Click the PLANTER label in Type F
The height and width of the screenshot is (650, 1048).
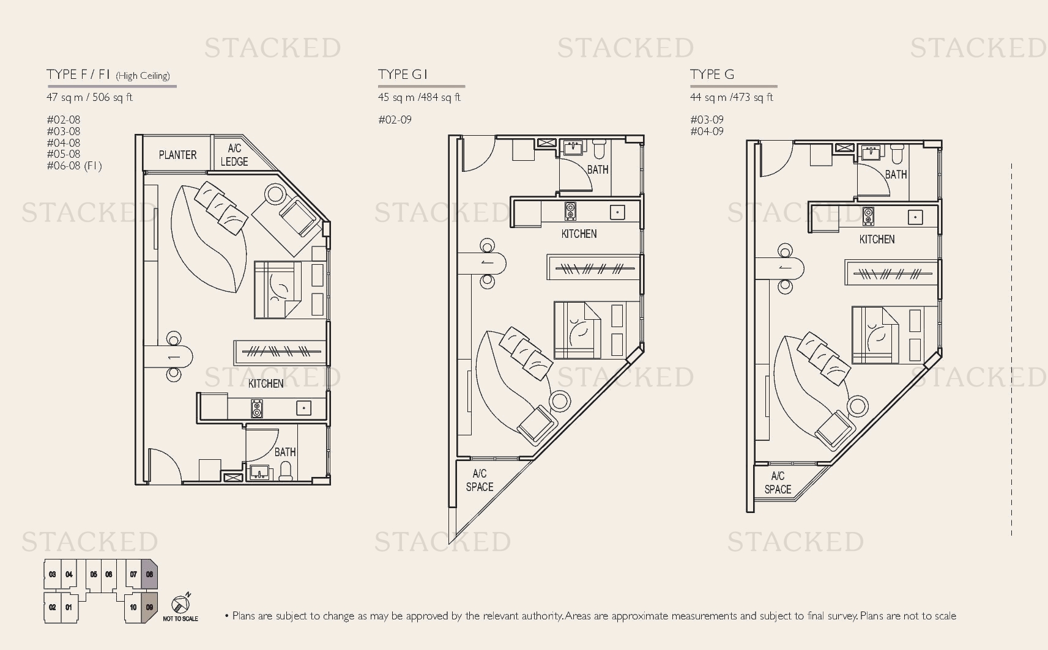177,155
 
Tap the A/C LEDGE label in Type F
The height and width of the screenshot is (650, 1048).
234,155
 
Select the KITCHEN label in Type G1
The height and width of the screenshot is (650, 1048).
579,234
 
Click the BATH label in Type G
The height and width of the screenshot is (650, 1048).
896,175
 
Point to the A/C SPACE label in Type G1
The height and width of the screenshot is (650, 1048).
479,481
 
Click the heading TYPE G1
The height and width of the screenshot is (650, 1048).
403,75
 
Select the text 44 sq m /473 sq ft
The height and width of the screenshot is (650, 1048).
732,97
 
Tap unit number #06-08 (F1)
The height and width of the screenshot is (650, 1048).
75,166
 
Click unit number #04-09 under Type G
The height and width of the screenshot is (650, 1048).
707,131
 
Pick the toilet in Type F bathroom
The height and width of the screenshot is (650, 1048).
286,470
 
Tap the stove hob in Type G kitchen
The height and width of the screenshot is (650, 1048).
868,216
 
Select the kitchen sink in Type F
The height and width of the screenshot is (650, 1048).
303,408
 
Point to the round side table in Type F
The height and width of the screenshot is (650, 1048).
275,194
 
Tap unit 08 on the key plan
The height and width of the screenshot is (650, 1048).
149,574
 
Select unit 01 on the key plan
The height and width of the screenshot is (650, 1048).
69,607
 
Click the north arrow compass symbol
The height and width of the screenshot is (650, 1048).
180,604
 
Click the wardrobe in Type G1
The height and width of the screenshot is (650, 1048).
593,268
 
